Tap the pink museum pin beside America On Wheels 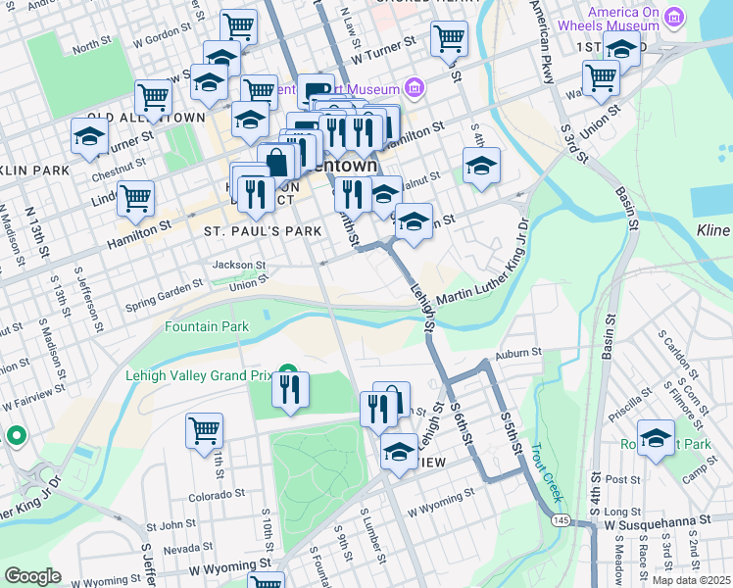click(x=673, y=18)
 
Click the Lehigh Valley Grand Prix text click(x=199, y=372)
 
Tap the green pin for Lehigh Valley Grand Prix click(x=288, y=370)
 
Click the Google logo click(x=32, y=576)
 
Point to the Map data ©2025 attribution click(x=691, y=580)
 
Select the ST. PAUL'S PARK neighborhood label click(x=263, y=232)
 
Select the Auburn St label click(x=518, y=353)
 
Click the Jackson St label click(x=240, y=265)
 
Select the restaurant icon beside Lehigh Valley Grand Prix click(x=291, y=388)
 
